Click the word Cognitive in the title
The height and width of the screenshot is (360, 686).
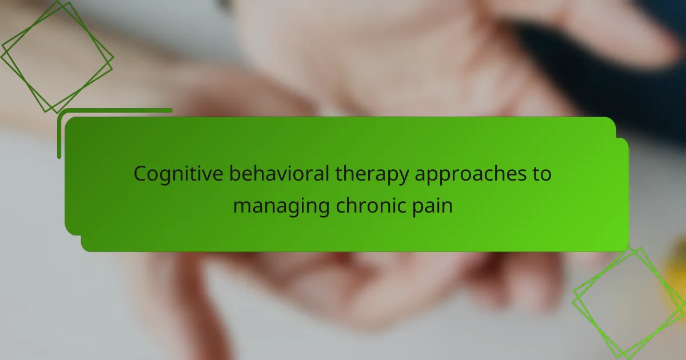point(178,174)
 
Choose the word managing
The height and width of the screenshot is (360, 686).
point(281,207)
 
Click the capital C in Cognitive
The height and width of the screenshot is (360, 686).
point(141,174)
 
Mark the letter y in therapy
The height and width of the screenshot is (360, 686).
point(402,177)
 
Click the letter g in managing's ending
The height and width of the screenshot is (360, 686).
point(322,209)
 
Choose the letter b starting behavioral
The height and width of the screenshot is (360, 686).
point(236,174)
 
